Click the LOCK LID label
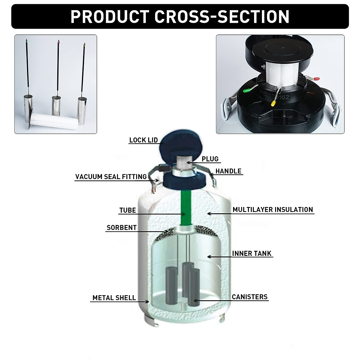pos(143,140)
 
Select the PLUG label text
pos(210,159)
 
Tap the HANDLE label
pos(228,171)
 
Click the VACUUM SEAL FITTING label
pos(111,177)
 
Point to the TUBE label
pos(127,210)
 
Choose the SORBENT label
pos(121,228)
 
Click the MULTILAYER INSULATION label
pos(273,210)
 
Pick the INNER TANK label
pos(252,253)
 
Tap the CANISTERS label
pos(250,297)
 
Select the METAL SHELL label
pos(114,298)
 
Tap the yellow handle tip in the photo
pos(273,103)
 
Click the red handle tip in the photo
pos(316,79)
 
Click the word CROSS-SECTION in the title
pos(222,17)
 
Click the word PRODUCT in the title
pos(110,17)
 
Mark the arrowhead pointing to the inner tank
pos(209,257)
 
